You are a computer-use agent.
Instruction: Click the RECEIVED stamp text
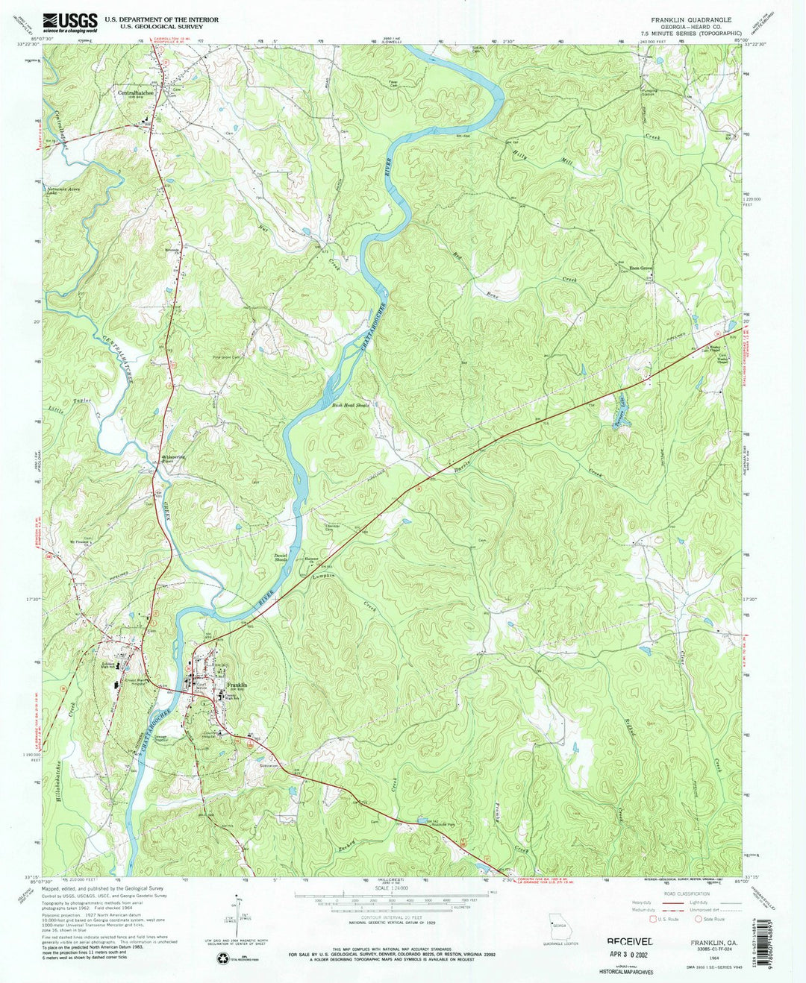coord(629,942)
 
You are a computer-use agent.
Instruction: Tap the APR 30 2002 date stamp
coord(629,955)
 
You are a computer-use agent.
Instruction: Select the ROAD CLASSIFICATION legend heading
coord(689,894)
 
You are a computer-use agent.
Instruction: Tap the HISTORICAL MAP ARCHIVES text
coord(626,972)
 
